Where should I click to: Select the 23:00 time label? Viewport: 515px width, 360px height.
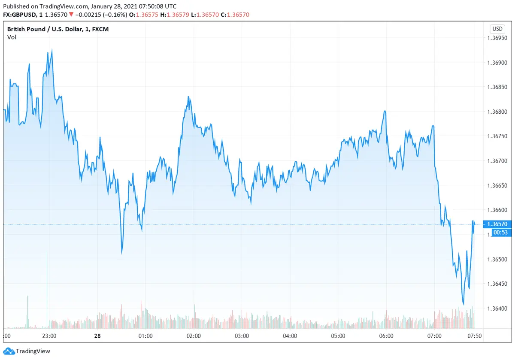(x=49, y=336)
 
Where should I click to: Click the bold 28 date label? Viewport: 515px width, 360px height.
(x=97, y=336)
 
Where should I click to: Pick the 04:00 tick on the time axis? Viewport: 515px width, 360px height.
(x=290, y=336)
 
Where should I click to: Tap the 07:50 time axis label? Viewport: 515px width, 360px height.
(x=474, y=336)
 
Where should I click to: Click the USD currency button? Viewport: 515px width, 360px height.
(x=497, y=29)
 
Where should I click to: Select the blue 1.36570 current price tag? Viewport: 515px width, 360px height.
(x=498, y=224)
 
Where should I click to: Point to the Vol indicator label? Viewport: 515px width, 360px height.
(x=12, y=37)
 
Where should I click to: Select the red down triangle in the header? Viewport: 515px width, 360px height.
(x=71, y=15)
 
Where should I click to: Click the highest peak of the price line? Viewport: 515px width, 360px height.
(x=52, y=50)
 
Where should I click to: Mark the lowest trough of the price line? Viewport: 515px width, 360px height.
(x=463, y=304)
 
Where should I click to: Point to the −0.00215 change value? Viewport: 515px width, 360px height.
(x=90, y=15)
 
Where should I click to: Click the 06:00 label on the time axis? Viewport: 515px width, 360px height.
(x=386, y=336)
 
